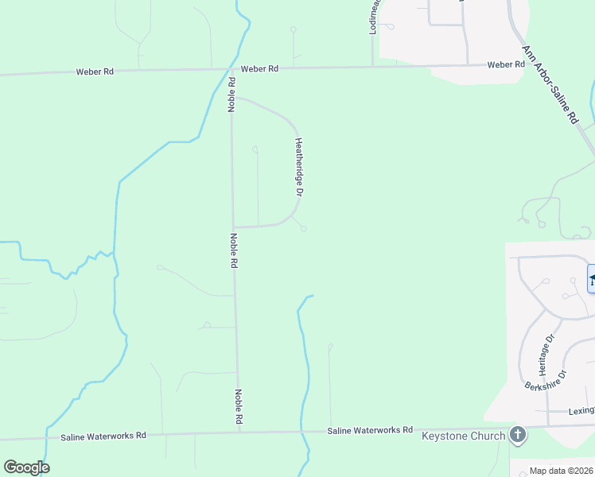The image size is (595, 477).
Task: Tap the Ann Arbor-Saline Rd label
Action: (x=549, y=84)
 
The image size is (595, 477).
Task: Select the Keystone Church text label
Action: (x=464, y=436)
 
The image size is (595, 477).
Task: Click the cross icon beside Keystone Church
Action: (x=518, y=435)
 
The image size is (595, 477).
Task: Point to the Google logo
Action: (x=26, y=467)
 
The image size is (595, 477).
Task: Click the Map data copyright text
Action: (x=562, y=471)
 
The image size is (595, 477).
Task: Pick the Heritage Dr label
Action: (x=543, y=358)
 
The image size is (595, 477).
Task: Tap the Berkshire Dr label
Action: (x=546, y=386)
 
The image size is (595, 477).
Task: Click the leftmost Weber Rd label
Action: (x=95, y=72)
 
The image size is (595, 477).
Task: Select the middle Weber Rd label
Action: (x=260, y=69)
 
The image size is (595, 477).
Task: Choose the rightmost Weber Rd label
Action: (x=506, y=64)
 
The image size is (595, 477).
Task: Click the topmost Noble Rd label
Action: (x=232, y=94)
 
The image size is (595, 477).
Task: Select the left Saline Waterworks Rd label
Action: (x=103, y=436)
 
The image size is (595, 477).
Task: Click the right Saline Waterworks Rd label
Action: (x=370, y=430)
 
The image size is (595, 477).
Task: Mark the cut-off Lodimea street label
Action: (x=375, y=16)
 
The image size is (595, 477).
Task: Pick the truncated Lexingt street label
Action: (x=581, y=411)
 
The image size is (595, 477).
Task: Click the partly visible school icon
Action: (x=591, y=278)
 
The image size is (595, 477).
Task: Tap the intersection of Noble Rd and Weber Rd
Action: (x=231, y=69)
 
